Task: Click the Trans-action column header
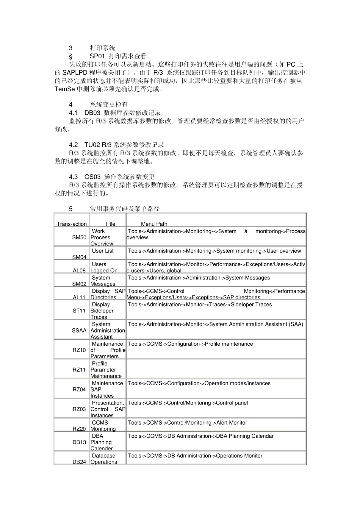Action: pyautogui.click(x=72, y=224)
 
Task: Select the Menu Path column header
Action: pyautogui.click(x=154, y=224)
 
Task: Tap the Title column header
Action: pyautogui.click(x=110, y=224)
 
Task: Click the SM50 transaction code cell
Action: pyautogui.click(x=79, y=237)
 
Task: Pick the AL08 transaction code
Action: pyautogui.click(x=79, y=270)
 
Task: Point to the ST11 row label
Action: pyautogui.click(x=79, y=311)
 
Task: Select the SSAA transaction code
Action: pyautogui.click(x=79, y=330)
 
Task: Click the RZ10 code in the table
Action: pyautogui.click(x=79, y=350)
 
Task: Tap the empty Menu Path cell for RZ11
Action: pyautogui.click(x=216, y=369)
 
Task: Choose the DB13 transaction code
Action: pyautogui.click(x=79, y=442)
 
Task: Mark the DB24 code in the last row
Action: pyautogui.click(x=79, y=462)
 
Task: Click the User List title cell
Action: pyautogui.click(x=103, y=251)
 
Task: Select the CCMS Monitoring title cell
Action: pyautogui.click(x=103, y=426)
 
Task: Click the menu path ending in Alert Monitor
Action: pyautogui.click(x=188, y=423)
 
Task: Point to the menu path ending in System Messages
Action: pyautogui.click(x=199, y=278)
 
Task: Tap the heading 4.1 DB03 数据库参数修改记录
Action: pyautogui.click(x=115, y=113)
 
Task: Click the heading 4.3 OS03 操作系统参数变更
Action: pyautogui.click(x=112, y=177)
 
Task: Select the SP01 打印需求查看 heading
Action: pyautogui.click(x=118, y=56)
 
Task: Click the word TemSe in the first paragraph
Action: pyautogui.click(x=65, y=89)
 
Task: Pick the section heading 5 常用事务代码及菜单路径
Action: pyautogui.click(x=114, y=209)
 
